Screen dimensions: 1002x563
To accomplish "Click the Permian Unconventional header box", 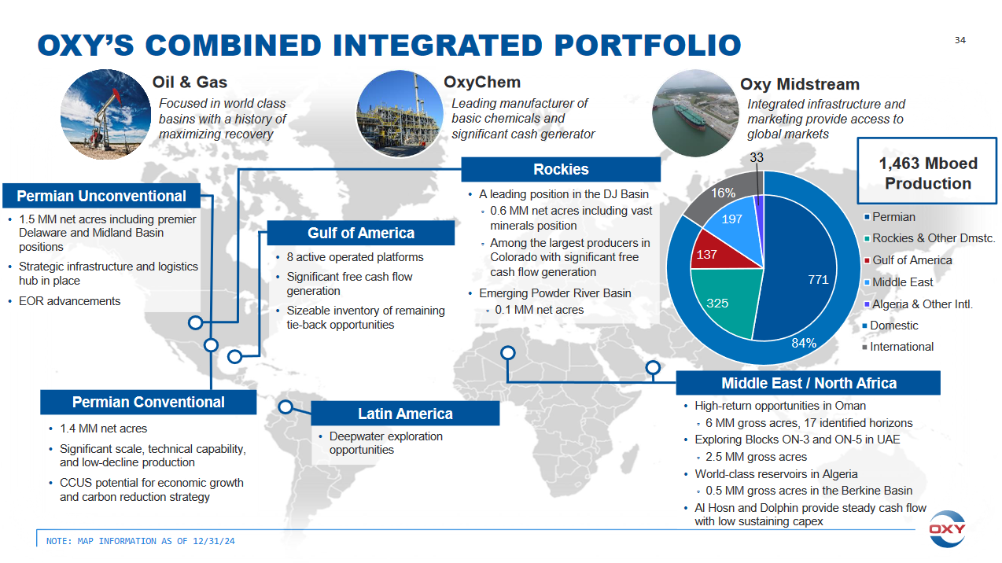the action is [x=101, y=196].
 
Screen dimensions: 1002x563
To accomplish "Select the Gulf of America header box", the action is [x=361, y=233].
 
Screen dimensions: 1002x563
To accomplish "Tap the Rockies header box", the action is [x=561, y=170].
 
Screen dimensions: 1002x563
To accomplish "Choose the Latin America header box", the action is [x=405, y=414].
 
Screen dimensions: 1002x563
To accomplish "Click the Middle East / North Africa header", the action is [x=809, y=383].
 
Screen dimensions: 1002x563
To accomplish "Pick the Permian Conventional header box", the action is [x=149, y=402].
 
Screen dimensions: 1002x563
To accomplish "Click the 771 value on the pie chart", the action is [x=818, y=280].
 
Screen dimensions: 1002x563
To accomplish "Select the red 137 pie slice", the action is [x=720, y=253].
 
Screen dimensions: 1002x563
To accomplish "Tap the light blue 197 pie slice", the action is [x=738, y=223].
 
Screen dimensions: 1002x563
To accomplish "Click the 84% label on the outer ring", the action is [x=804, y=343].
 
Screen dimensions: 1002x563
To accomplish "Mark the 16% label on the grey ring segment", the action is [x=724, y=193].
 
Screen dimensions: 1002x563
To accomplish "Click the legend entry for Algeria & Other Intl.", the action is [x=919, y=304].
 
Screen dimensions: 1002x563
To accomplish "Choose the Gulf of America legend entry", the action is [x=908, y=260].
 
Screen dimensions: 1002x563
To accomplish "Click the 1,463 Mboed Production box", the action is [x=927, y=171].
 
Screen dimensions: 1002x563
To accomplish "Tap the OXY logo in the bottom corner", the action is [x=947, y=529].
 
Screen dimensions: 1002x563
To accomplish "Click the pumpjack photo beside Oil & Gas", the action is [x=105, y=115].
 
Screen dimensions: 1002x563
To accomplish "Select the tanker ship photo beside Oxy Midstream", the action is [x=694, y=113].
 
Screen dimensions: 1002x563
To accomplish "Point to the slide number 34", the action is [x=960, y=40].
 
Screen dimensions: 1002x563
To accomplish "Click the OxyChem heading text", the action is [x=482, y=83].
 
